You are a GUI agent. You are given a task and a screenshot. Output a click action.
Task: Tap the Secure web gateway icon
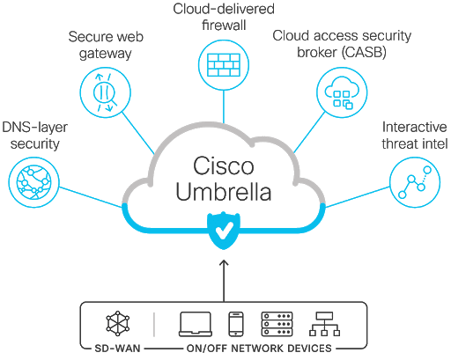[103, 92]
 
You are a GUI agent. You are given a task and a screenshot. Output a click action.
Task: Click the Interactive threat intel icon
[414, 182]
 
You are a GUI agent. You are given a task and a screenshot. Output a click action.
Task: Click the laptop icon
[195, 324]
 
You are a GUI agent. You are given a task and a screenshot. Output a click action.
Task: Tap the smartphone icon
[235, 324]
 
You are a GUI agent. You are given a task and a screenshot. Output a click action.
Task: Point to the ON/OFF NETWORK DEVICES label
[256, 349]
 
